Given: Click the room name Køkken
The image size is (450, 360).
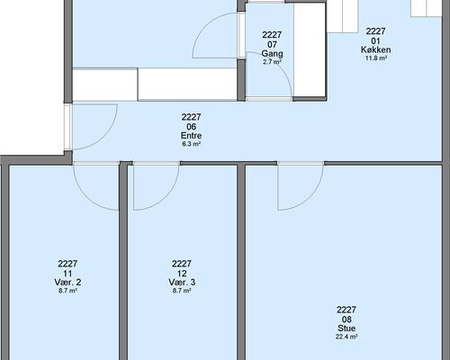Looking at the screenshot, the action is [x=375, y=49].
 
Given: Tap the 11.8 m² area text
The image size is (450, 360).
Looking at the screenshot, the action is [x=375, y=58].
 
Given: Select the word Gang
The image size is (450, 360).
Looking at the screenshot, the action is [x=272, y=54].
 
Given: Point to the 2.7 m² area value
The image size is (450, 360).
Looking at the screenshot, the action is [x=272, y=62].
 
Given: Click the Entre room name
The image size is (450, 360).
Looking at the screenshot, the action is [x=191, y=135].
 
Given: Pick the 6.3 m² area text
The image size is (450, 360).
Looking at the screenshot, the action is [x=191, y=144].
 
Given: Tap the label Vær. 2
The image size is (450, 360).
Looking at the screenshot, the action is [x=67, y=283].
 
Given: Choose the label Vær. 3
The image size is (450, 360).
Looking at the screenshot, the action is [x=182, y=283].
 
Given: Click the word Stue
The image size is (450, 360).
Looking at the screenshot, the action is [x=346, y=328].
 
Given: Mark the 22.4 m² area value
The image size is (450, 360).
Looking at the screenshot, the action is [x=346, y=337].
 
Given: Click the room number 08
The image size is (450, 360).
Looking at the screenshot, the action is [x=346, y=319].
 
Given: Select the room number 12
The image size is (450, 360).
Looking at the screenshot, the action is [x=182, y=274].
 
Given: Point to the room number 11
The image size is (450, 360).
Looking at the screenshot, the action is [x=67, y=274].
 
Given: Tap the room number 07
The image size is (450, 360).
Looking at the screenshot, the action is [x=272, y=45].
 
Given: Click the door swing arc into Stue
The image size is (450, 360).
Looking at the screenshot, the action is [x=310, y=197].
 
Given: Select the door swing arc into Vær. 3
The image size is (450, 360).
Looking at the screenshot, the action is [x=166, y=197].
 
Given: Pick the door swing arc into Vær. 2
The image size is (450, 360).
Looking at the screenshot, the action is [x=86, y=197].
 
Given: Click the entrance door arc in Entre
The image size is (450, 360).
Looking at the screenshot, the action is [x=103, y=137].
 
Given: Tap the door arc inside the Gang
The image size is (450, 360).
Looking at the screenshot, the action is [x=279, y=65].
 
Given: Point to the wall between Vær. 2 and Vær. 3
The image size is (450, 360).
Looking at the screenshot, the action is [x=123, y=261].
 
